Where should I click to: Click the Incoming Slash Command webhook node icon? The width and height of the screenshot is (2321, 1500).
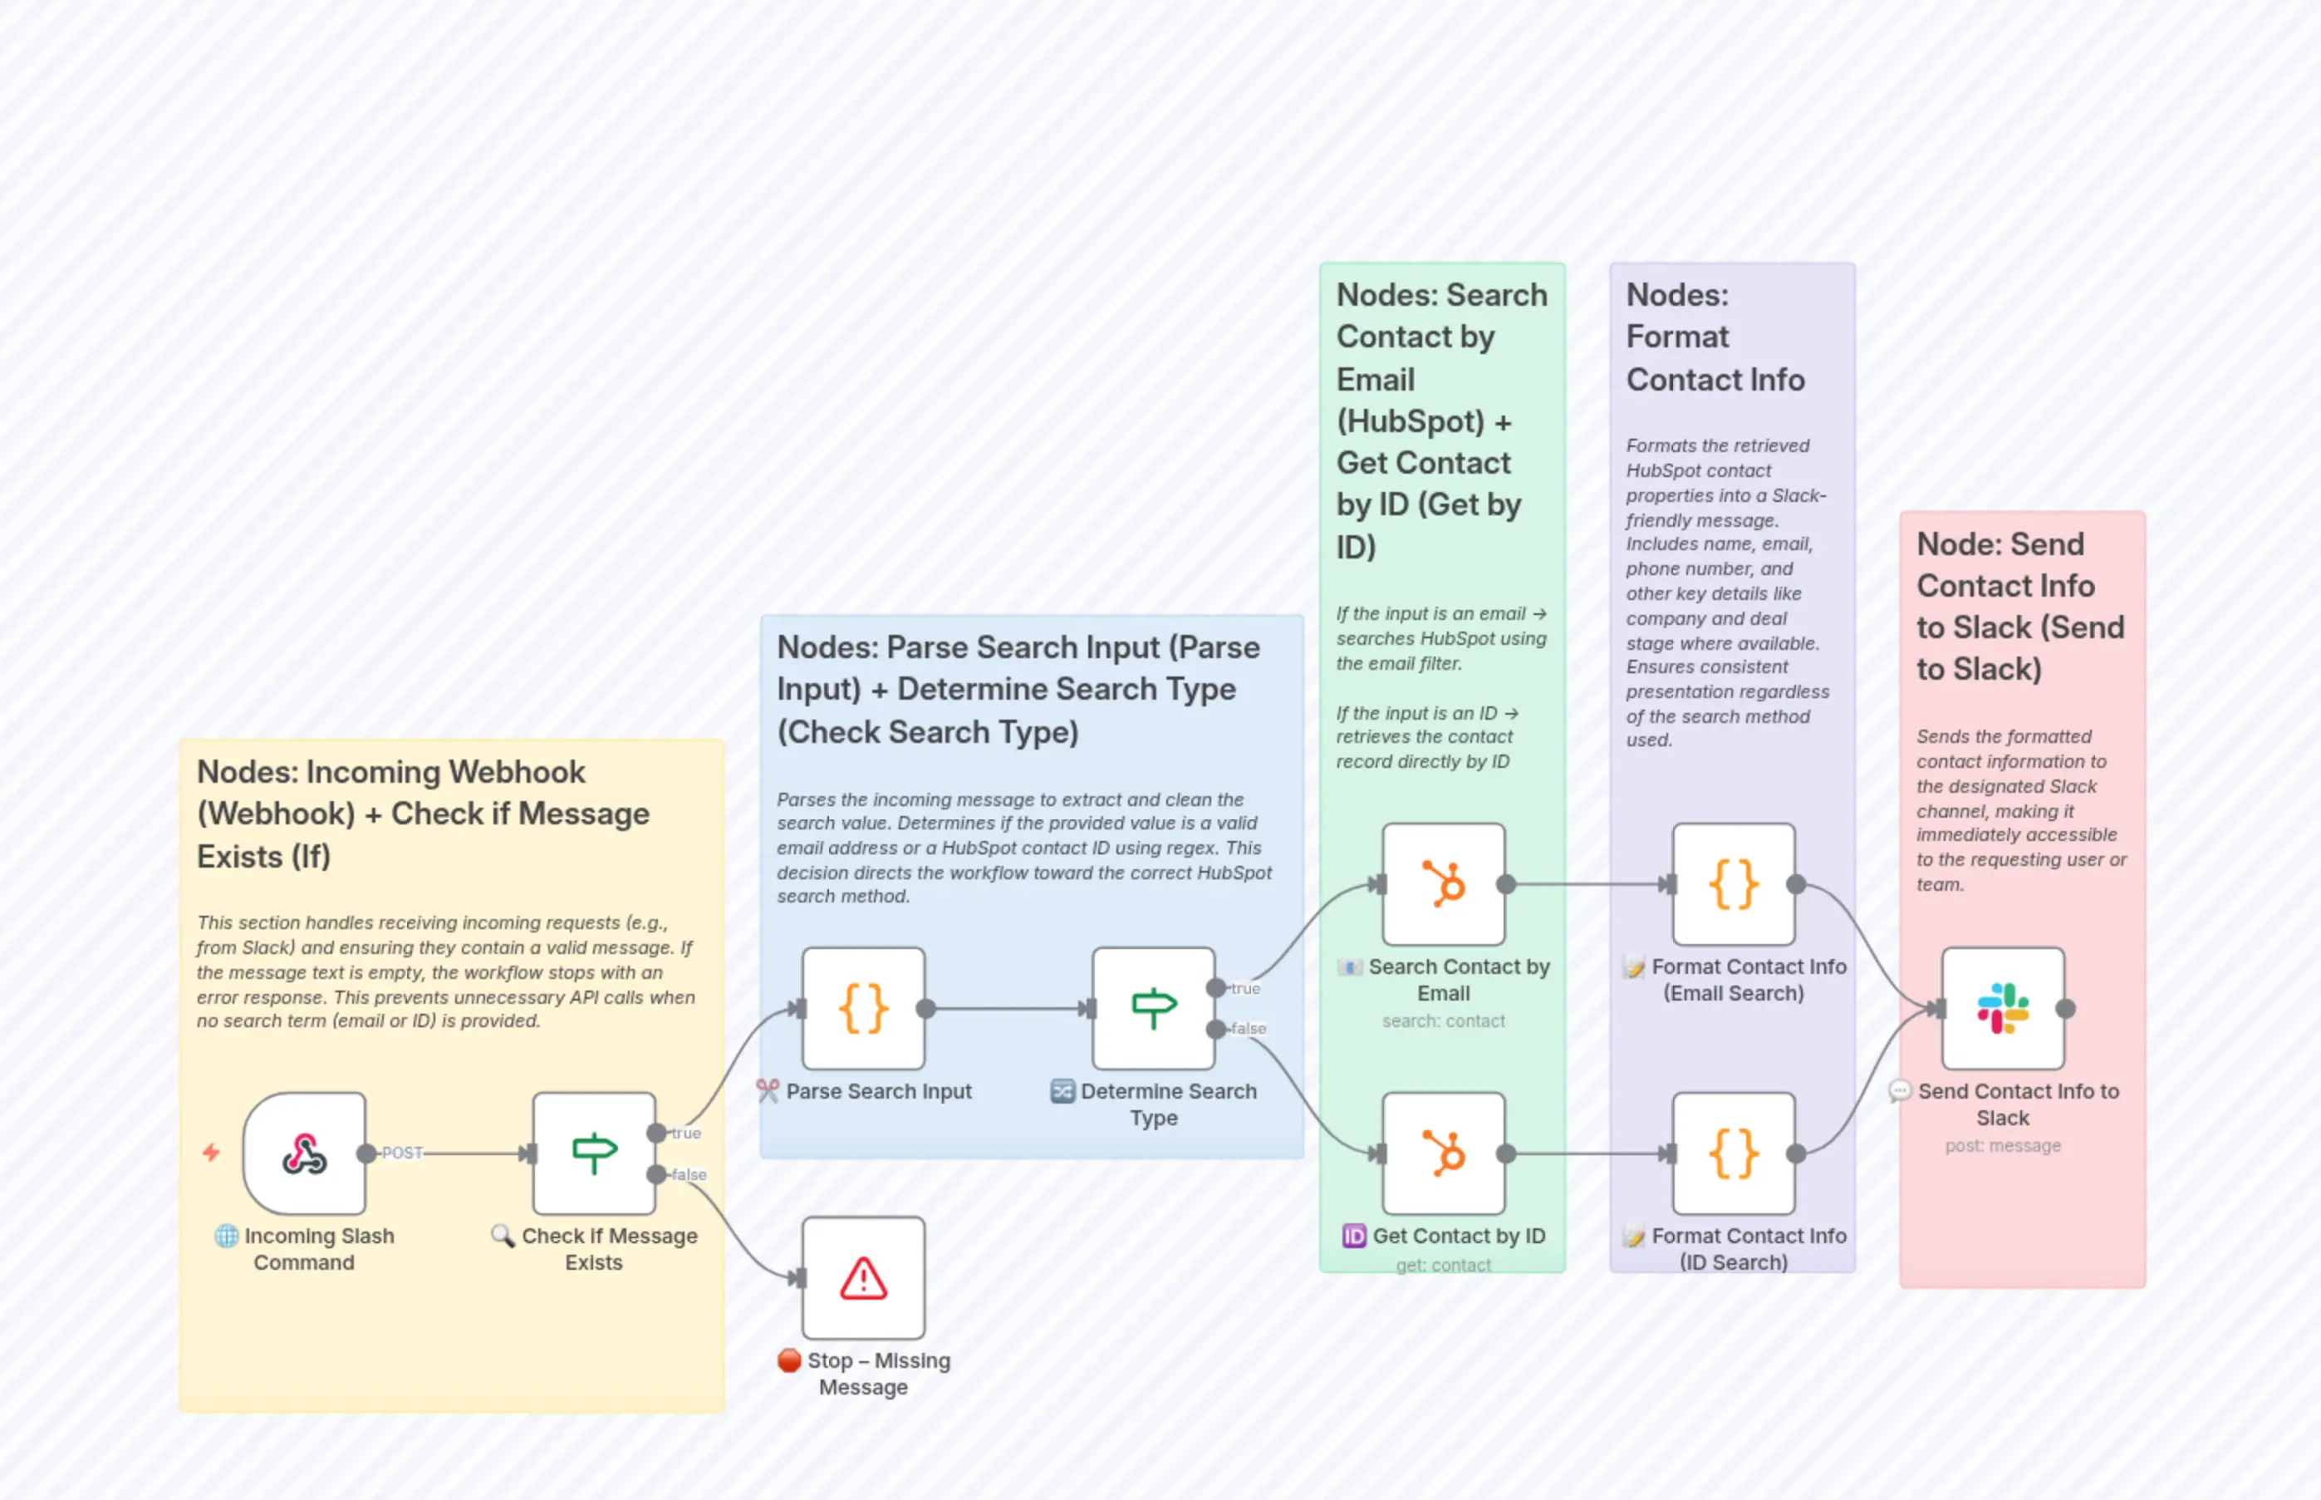coord(304,1153)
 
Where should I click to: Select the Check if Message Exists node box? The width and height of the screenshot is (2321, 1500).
coord(594,1153)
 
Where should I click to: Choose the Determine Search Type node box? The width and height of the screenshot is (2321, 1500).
coord(1154,1008)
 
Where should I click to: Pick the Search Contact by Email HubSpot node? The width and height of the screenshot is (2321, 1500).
coord(1444,884)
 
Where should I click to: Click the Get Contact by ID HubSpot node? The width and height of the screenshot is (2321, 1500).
coord(1444,1153)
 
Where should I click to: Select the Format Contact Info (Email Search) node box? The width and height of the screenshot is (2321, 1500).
coord(1734,884)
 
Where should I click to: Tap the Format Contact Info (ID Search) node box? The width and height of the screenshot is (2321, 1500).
coord(1734,1153)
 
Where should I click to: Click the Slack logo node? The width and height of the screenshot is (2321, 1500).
coord(2003,1008)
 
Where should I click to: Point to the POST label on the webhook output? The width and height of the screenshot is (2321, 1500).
coord(402,1153)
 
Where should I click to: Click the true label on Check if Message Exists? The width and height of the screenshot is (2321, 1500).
coord(686,1133)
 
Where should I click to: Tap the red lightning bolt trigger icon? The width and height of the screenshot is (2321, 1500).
coord(211,1153)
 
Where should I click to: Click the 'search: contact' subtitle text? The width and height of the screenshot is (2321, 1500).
coord(1444,1020)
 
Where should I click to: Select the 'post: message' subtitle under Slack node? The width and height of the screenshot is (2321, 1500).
coord(2003,1145)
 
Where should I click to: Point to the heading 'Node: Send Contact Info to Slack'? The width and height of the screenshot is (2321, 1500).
coord(2020,606)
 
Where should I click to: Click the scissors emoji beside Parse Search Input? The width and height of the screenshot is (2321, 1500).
coord(768,1091)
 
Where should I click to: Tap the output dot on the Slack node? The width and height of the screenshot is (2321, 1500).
coord(2066,1009)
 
